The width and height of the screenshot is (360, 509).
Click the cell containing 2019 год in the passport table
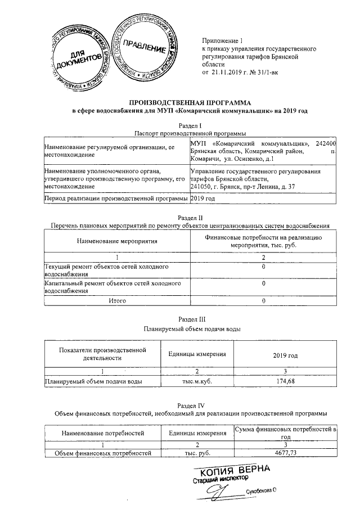click(204, 199)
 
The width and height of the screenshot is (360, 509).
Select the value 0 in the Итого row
click(263, 301)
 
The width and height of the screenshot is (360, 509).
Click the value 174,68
click(284, 381)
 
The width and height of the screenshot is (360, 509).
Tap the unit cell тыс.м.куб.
click(197, 381)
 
